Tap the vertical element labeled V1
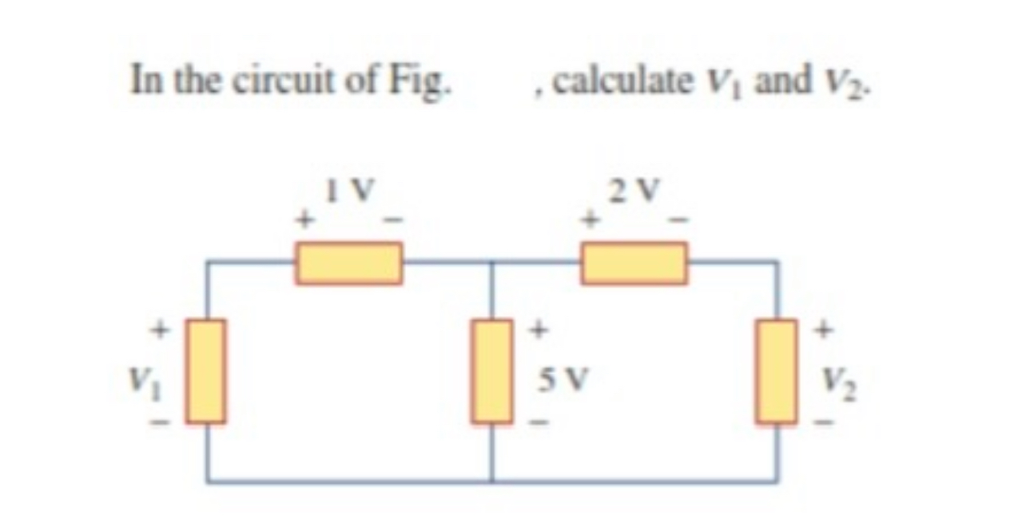coord(206,371)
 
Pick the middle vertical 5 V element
coord(491,371)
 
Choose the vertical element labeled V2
coord(776,371)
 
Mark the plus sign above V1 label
coord(160,327)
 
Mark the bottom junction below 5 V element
coord(491,481)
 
